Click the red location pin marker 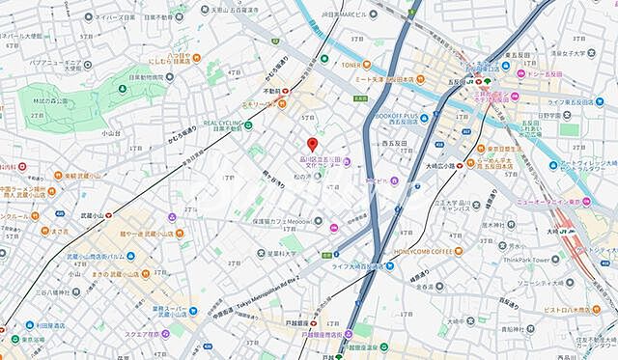tap(312, 145)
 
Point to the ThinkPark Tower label tap(553, 259)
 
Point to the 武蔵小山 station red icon tap(109, 215)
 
